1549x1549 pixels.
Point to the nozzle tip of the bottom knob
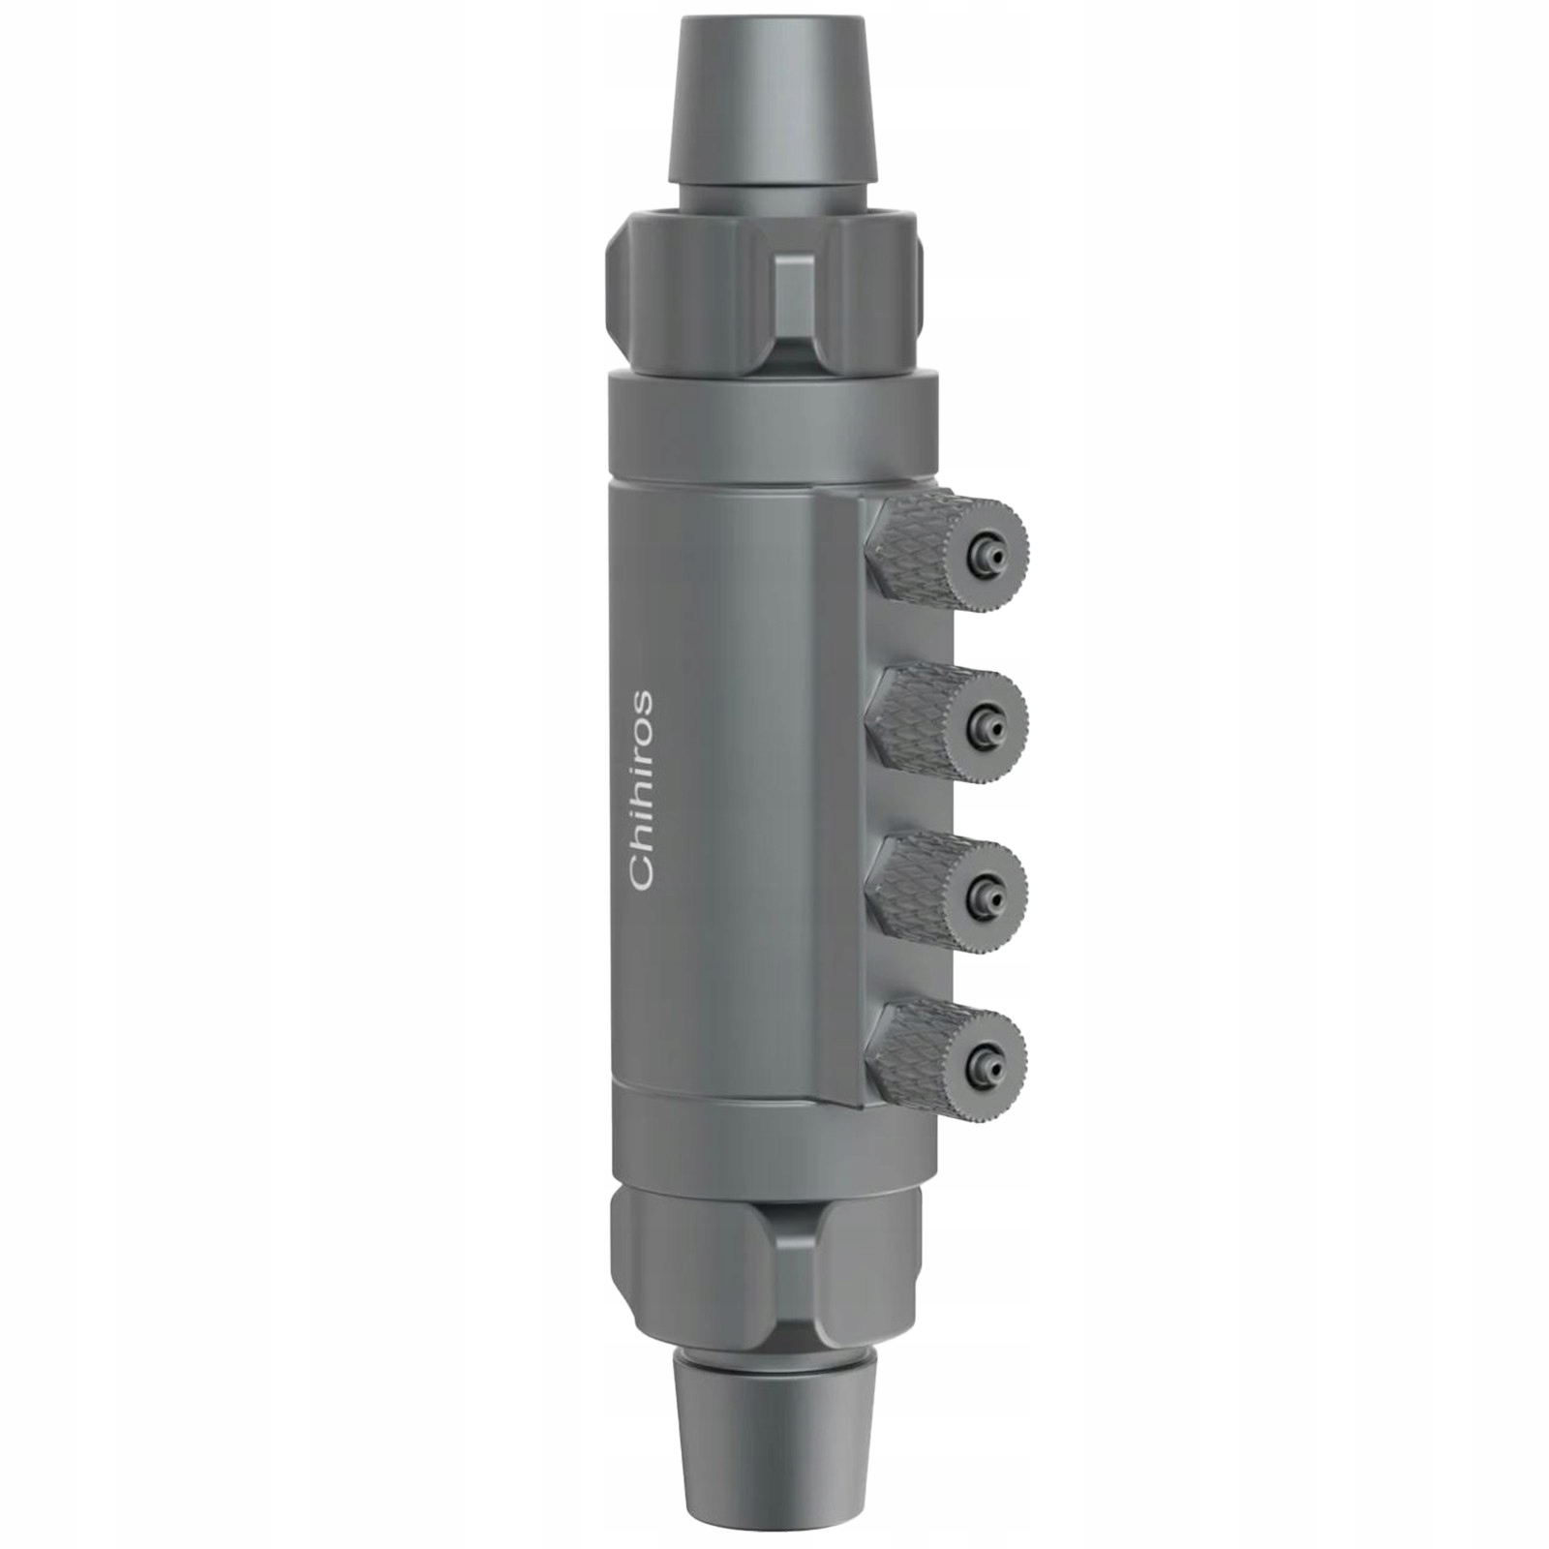tap(987, 1059)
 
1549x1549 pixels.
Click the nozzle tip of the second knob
tap(987, 721)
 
